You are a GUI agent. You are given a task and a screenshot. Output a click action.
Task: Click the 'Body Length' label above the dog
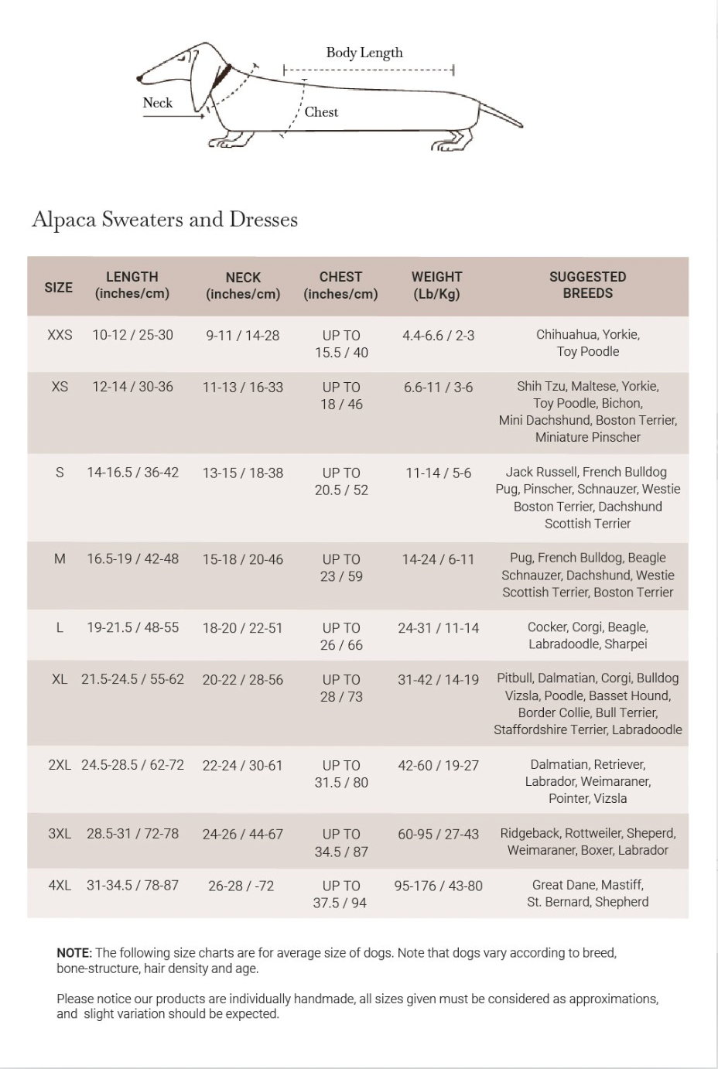364,53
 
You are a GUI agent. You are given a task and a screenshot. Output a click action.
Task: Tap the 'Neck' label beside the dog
158,103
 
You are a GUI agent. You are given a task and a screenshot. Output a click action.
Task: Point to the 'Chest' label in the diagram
321,112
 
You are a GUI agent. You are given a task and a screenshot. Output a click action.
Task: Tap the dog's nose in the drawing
140,78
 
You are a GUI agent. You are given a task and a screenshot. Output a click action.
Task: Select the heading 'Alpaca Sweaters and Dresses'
165,220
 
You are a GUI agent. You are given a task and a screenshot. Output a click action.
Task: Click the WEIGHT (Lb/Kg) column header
436,285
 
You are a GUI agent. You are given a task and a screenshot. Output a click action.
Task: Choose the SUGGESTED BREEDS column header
587,285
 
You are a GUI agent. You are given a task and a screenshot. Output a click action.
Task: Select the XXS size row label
60,336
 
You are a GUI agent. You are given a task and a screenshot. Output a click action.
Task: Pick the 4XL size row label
60,886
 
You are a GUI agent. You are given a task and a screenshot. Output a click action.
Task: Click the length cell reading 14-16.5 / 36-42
132,473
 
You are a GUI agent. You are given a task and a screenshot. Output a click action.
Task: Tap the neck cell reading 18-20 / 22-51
243,628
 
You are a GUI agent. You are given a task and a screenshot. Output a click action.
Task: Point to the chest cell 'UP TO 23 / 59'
341,568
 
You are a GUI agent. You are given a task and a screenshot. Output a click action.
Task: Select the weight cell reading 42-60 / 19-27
438,766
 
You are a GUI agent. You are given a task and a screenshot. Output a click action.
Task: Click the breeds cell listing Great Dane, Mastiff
587,893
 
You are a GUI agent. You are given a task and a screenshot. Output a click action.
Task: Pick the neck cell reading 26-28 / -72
241,886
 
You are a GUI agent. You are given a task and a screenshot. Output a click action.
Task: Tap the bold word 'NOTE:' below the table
74,953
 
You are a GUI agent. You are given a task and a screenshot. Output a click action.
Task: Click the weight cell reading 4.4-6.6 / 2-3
438,336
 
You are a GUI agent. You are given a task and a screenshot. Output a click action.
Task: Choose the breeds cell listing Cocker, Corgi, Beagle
587,636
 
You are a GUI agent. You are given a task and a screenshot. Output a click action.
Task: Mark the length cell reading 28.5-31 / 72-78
132,834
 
